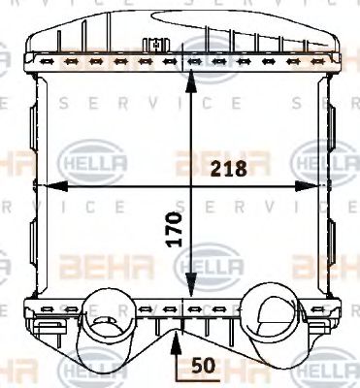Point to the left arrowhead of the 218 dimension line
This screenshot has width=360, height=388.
[x=44, y=184]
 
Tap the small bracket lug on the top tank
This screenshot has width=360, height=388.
[x=153, y=44]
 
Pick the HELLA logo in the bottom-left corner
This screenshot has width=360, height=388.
[x=85, y=372]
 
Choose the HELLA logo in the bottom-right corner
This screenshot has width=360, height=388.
[x=320, y=372]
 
